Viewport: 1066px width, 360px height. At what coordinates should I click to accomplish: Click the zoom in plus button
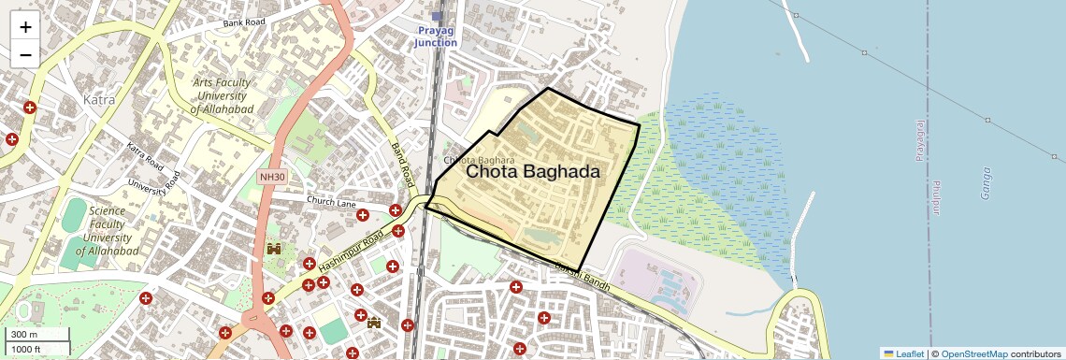[x=25, y=27]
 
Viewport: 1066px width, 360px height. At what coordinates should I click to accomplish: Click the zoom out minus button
[x=25, y=54]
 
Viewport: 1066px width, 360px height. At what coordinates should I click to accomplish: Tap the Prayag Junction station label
[x=437, y=36]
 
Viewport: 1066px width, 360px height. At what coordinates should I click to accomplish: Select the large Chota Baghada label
[x=532, y=172]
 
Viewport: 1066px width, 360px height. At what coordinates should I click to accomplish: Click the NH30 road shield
[x=271, y=176]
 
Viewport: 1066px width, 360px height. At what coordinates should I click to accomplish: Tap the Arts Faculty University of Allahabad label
[x=222, y=96]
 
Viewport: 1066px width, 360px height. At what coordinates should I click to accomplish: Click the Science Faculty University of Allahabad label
[x=108, y=231]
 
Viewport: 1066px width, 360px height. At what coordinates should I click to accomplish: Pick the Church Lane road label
[x=332, y=201]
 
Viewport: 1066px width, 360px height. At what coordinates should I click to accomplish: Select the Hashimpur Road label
[x=350, y=253]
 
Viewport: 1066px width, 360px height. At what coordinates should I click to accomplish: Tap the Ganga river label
[x=984, y=182]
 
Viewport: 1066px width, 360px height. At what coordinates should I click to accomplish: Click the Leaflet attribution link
[x=903, y=353]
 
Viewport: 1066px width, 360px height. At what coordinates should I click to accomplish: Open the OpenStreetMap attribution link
[x=974, y=353]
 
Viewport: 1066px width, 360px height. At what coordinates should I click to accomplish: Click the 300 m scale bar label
[x=25, y=335]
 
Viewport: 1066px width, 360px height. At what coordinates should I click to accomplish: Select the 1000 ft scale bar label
[x=27, y=349]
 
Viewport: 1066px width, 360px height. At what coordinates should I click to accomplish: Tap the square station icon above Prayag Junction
[x=437, y=17]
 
